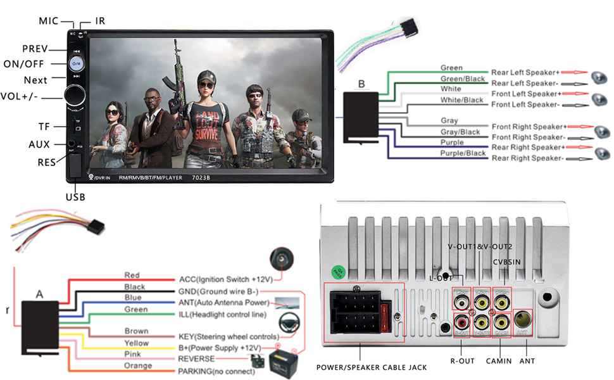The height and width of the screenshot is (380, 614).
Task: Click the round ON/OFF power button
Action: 76,64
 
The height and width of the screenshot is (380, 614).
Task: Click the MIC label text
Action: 48,21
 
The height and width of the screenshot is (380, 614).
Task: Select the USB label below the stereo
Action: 75,197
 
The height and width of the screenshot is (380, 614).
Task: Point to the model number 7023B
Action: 201,177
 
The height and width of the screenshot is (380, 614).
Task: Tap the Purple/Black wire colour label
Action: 463,153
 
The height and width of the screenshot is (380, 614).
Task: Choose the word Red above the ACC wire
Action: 132,275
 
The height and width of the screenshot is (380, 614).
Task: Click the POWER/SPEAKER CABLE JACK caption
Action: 371,367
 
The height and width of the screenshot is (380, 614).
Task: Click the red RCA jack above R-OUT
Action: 461,322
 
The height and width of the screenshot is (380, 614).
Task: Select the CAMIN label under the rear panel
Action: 500,360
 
